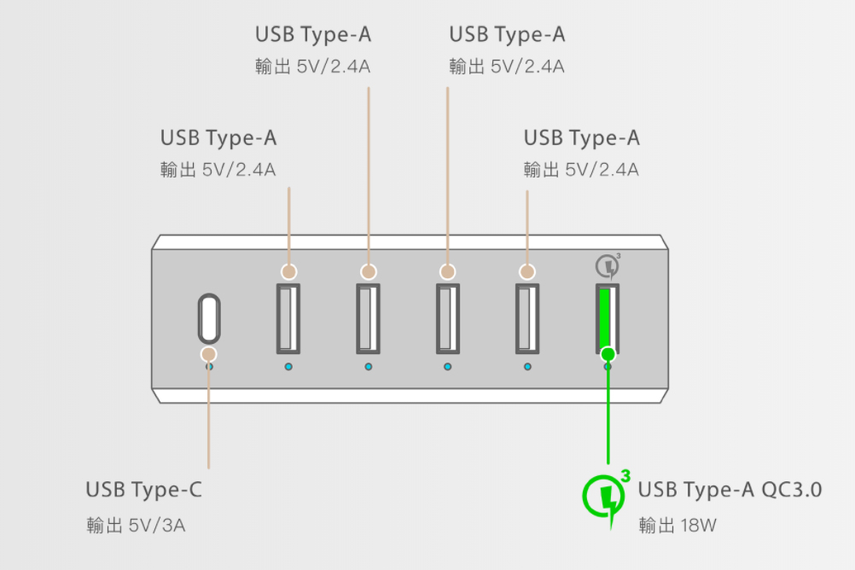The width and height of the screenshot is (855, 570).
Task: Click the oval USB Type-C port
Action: [x=209, y=318]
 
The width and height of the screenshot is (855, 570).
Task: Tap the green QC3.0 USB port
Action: [x=608, y=319]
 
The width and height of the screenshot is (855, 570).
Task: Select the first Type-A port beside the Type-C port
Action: [x=288, y=319]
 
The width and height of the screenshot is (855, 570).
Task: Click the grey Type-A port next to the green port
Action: [x=527, y=319]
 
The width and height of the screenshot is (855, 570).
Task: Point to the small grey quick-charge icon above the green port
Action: [x=608, y=266]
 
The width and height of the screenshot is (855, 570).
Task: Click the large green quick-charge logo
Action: [x=605, y=497]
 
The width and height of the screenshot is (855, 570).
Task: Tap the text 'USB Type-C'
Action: [x=144, y=489]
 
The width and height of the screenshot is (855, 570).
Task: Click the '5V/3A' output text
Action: [x=157, y=526]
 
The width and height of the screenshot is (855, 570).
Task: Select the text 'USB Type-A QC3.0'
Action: [x=730, y=489]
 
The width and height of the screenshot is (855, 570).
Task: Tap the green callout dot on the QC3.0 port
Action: [x=608, y=355]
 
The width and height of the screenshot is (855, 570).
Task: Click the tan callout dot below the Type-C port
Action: [x=209, y=355]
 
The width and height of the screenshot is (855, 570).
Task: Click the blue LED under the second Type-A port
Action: [x=369, y=367]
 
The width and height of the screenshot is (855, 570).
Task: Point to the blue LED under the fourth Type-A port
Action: [x=527, y=367]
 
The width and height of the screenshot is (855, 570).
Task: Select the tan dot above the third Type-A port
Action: [x=448, y=271]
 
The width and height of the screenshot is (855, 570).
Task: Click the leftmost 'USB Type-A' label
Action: [x=218, y=137]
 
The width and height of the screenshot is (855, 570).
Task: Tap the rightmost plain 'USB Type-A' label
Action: [x=581, y=137]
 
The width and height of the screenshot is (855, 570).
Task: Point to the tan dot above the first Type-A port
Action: [x=288, y=271]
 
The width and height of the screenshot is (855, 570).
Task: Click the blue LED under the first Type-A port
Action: [x=288, y=367]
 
